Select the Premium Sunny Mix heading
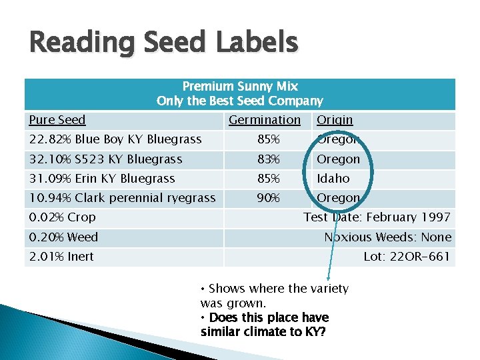click(240, 86)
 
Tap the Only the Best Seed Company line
click(239, 101)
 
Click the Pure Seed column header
click(57, 120)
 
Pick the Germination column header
click(265, 120)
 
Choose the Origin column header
click(335, 120)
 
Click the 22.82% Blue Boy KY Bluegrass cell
click(115, 139)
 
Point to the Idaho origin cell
click(333, 179)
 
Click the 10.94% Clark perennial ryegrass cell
click(122, 198)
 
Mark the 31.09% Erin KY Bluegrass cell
click(101, 179)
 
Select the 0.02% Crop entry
click(62, 217)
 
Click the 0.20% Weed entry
click(63, 237)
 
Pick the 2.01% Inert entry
click(61, 257)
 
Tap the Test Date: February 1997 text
click(377, 217)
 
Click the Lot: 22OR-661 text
click(407, 257)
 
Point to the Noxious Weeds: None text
click(387, 237)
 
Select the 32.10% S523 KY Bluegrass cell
click(105, 159)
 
